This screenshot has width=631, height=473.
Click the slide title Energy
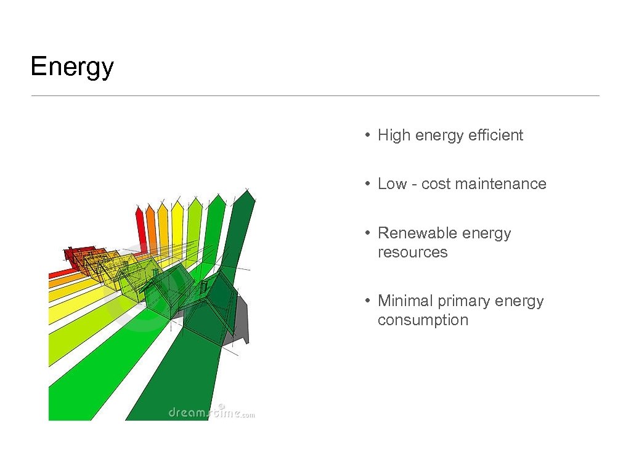(x=72, y=67)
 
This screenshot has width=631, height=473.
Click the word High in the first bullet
(x=394, y=135)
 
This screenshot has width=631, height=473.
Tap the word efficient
(x=495, y=135)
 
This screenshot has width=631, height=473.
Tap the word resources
(x=412, y=253)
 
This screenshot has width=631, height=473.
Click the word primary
(x=462, y=301)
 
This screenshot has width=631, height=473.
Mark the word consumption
(x=423, y=320)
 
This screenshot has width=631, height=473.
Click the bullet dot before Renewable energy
(x=367, y=233)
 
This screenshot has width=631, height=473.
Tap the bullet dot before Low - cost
(x=367, y=184)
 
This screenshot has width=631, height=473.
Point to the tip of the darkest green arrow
(x=247, y=190)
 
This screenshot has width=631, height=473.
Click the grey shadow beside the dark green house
(x=240, y=320)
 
